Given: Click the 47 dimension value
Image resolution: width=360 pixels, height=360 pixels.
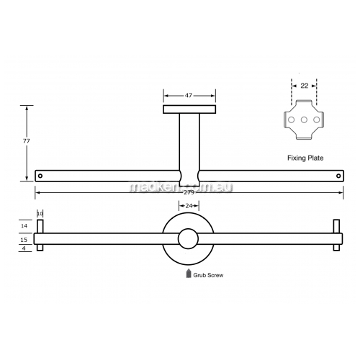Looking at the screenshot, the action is (x=189, y=96).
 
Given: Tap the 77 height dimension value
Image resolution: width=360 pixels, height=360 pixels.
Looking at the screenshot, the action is (x=27, y=141).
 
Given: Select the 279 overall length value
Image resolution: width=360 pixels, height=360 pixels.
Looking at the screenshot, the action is (x=189, y=192).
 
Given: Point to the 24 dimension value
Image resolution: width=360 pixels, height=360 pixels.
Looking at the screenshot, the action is (x=189, y=206).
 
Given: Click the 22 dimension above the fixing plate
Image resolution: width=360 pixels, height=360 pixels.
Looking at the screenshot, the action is (x=305, y=86).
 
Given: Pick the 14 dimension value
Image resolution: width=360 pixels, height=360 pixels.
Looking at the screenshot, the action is (x=24, y=226).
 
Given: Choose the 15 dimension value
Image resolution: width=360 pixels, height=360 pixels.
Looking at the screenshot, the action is (x=24, y=240).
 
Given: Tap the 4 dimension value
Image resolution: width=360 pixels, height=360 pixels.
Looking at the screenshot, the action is (x=24, y=248).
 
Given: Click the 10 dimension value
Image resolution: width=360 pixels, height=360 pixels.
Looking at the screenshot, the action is (x=40, y=213).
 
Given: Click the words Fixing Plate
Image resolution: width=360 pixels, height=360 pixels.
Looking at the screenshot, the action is (x=305, y=158).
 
